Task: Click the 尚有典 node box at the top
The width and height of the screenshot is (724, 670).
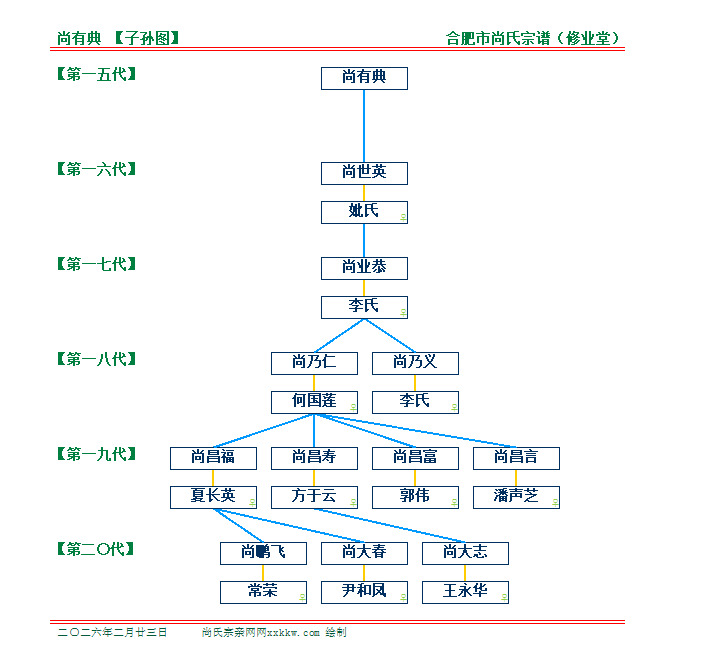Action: click(x=364, y=78)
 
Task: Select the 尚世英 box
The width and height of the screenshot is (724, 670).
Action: click(x=364, y=173)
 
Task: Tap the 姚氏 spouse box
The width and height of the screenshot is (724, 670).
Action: click(x=364, y=212)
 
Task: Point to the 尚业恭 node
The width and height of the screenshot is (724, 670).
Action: click(x=364, y=268)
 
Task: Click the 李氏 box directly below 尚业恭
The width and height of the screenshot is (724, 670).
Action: click(x=364, y=306)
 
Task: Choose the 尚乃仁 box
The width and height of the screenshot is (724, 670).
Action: click(x=314, y=363)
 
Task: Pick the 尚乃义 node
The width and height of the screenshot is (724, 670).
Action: click(x=415, y=363)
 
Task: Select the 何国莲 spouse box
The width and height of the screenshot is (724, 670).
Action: click(x=314, y=401)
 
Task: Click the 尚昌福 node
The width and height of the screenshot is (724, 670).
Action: click(x=213, y=458)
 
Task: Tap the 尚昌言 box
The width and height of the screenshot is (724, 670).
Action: click(x=516, y=458)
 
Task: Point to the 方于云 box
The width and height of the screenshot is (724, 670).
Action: click(x=314, y=496)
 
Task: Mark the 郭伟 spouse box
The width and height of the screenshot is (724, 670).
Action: click(x=415, y=496)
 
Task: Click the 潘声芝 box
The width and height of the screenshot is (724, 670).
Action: click(x=516, y=496)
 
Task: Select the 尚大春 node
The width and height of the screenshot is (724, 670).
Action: click(x=364, y=553)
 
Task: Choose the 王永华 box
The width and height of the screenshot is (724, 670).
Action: click(x=465, y=591)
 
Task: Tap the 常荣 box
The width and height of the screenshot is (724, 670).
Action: click(x=263, y=591)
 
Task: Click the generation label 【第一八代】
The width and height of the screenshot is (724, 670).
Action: click(x=96, y=359)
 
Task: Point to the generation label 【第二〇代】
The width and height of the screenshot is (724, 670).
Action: click(x=96, y=549)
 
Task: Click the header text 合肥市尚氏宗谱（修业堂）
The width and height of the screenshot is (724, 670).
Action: click(x=539, y=39)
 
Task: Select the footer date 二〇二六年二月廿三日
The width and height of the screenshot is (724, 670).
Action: click(x=113, y=633)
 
